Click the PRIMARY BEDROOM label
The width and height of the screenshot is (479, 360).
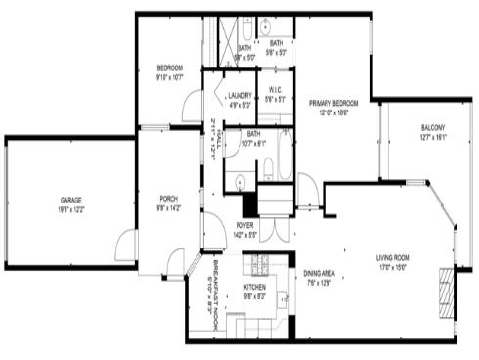point(333,103)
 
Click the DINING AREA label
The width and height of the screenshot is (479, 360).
point(320,274)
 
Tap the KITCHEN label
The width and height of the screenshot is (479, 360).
point(255,287)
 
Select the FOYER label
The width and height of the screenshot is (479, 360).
point(244,224)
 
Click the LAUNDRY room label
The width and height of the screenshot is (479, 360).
point(239,95)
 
